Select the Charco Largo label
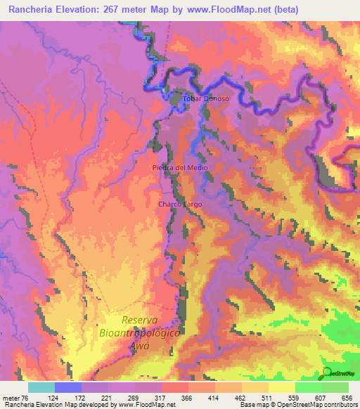180,204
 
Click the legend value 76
22,396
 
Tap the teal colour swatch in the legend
41,387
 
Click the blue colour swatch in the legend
68,387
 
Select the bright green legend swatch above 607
308,387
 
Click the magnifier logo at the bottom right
328,373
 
